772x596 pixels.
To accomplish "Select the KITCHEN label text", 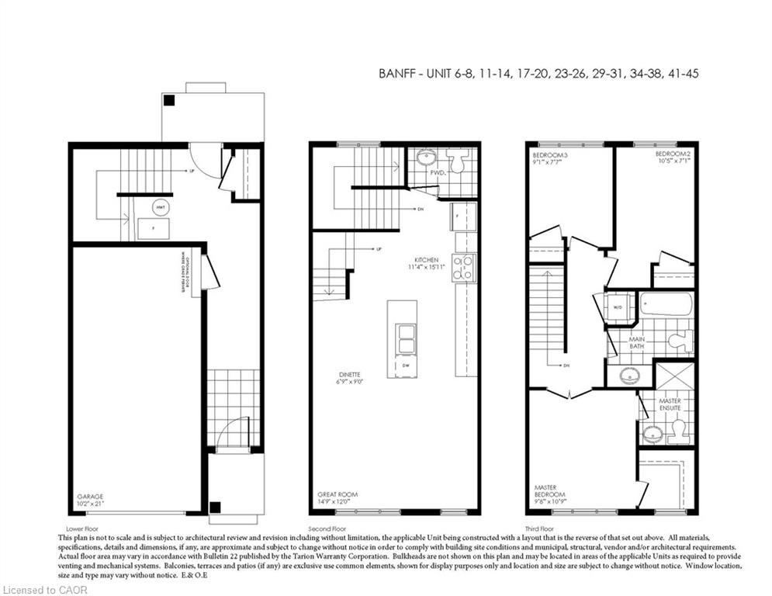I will point(427,259).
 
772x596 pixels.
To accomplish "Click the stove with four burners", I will point(464,267).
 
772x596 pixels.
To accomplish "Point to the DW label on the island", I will point(404,366).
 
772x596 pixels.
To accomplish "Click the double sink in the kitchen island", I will point(404,338).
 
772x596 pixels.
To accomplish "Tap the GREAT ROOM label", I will point(337,495).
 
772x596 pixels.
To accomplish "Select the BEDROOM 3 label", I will point(550,155).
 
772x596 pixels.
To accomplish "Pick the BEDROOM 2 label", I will point(673,155).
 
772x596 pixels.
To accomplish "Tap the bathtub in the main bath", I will point(666,304).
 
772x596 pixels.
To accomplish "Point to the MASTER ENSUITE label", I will point(670,404).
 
